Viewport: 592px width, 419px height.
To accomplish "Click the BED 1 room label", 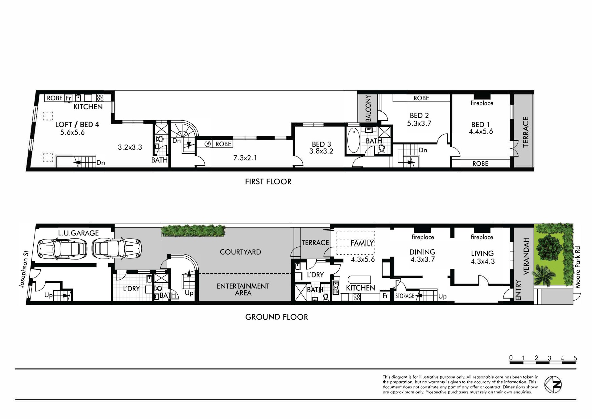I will click(480, 125).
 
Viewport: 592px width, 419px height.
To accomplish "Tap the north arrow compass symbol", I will click(553, 385).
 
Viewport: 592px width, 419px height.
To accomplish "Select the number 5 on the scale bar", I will click(575, 358).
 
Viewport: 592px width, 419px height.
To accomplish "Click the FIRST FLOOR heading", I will click(268, 182).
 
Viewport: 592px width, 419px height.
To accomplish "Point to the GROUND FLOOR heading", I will click(276, 317).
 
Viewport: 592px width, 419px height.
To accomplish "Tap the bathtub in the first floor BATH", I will click(354, 141).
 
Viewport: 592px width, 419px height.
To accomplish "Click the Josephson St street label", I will click(23, 273).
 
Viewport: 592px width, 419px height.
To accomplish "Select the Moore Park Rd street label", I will click(578, 267).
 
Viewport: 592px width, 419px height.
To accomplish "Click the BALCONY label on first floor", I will click(368, 108).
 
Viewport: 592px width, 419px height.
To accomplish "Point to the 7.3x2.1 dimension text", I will click(245, 158).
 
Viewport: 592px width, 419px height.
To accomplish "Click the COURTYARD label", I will click(240, 252).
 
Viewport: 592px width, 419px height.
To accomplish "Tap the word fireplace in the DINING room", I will click(423, 237).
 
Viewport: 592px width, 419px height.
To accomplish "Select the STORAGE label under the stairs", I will click(404, 296).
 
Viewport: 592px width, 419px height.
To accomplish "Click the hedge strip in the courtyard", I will click(193, 231).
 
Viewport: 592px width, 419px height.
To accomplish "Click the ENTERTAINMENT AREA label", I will click(243, 289).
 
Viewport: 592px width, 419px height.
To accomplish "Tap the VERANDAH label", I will click(526, 256).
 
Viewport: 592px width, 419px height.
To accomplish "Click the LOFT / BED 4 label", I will click(77, 125).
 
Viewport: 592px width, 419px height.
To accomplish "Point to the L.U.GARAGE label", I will click(78, 233).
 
